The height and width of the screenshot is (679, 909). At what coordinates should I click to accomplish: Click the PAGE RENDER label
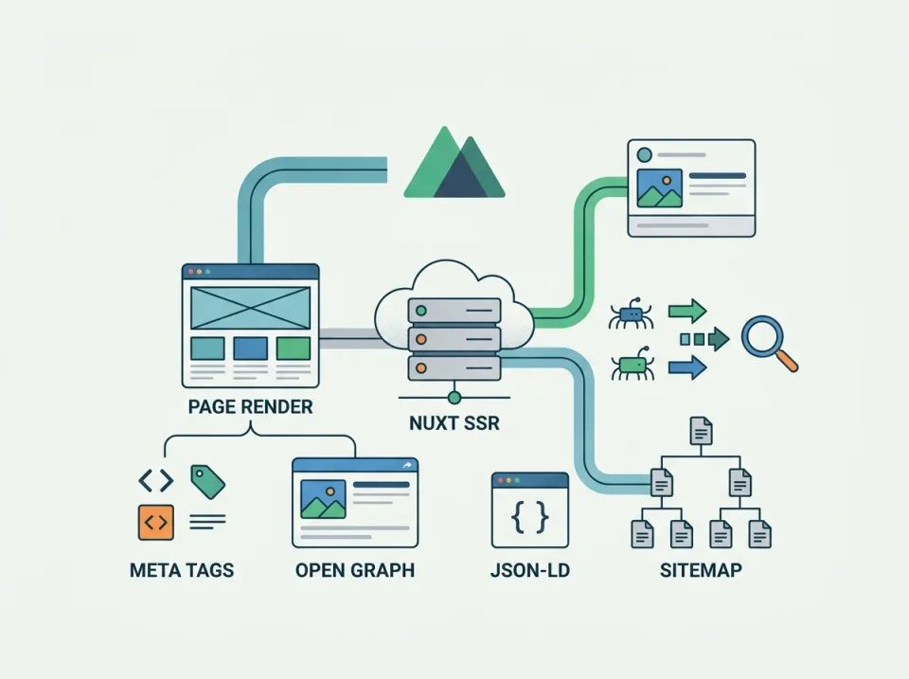250,407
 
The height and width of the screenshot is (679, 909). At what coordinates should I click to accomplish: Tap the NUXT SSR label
454,423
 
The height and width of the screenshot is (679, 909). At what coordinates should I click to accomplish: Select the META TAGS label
181,570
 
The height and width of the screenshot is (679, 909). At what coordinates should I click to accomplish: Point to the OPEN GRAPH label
354,570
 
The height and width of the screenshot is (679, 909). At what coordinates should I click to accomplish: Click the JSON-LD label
529,570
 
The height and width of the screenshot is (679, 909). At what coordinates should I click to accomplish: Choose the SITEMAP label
701,570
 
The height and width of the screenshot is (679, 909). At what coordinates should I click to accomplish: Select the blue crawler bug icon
630,314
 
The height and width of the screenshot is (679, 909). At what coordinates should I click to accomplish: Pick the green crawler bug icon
631,365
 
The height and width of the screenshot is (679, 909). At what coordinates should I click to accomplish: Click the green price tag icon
207,481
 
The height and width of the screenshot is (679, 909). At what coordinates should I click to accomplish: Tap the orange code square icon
156,521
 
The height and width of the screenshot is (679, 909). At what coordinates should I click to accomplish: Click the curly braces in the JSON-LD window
529,517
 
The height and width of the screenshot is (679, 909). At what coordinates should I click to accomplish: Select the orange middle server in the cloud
454,338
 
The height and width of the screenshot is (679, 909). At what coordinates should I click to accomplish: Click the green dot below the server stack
454,396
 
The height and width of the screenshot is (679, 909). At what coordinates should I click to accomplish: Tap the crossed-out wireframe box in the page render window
250,308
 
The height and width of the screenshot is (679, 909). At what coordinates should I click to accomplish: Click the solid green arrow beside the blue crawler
687,310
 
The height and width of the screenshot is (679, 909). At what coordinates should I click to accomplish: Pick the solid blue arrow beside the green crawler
687,366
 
